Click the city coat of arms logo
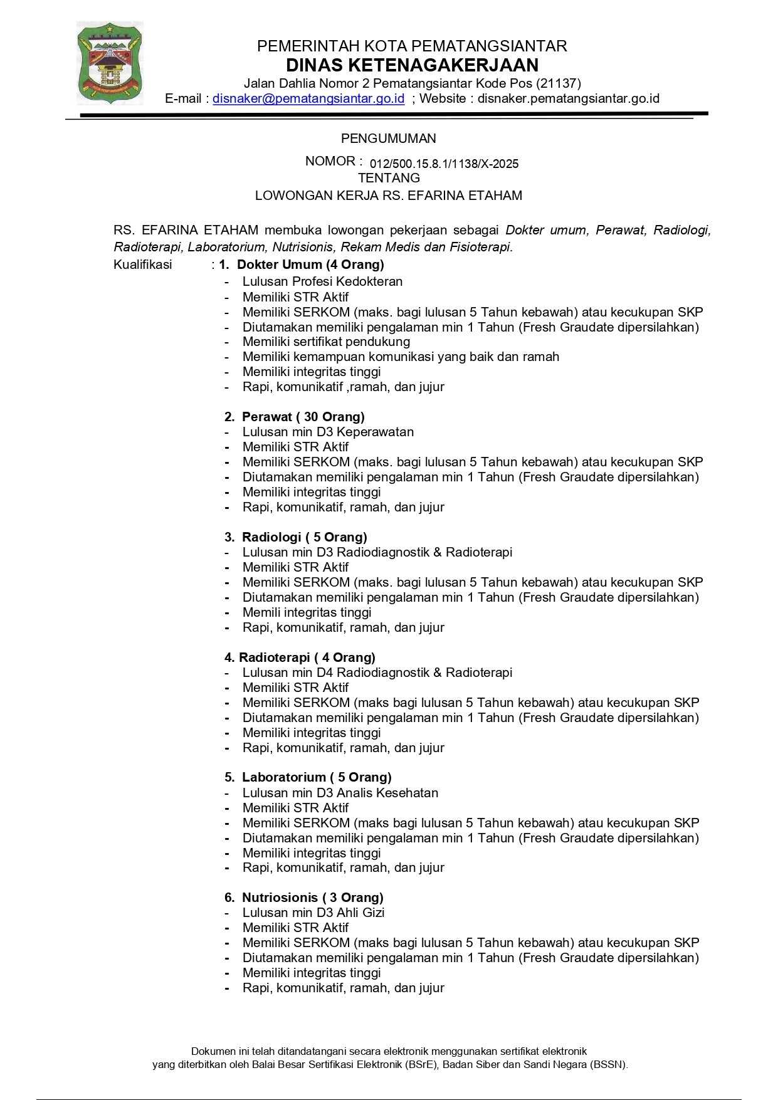point(110,63)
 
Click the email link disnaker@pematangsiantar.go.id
point(308,98)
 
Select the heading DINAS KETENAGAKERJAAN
point(412,65)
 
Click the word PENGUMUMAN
point(388,139)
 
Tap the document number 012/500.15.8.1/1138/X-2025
point(444,164)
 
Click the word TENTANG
point(389,178)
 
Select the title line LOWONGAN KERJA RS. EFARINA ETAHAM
point(388,196)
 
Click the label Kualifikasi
point(142,265)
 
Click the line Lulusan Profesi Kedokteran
point(322,281)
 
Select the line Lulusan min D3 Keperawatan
point(328,432)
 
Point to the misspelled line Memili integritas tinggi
point(307,612)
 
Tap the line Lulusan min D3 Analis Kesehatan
point(340,793)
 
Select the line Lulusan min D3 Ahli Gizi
point(313,913)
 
